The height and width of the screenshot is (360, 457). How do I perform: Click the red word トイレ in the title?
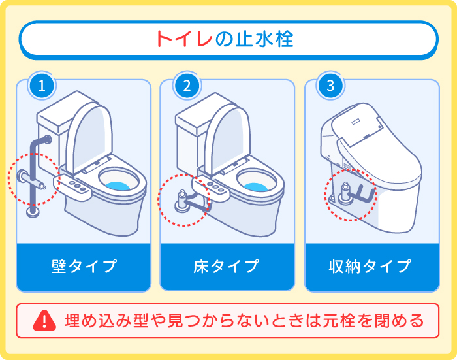tap(184, 39)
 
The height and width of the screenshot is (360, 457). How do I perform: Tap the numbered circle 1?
tap(42, 86)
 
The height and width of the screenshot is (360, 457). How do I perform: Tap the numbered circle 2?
tap(187, 86)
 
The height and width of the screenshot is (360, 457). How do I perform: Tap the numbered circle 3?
tap(330, 86)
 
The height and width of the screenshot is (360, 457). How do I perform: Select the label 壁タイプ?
tap(84, 267)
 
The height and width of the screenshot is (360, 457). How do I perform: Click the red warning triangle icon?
tap(44, 320)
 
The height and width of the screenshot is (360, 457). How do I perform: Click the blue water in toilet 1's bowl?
tap(121, 185)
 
